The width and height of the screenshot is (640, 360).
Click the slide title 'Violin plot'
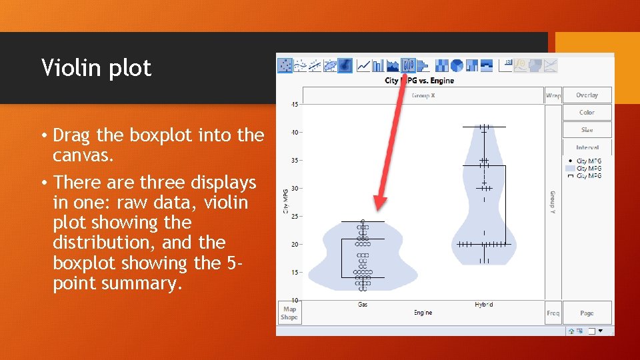[97, 67]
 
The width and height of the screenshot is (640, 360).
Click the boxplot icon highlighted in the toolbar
[409, 65]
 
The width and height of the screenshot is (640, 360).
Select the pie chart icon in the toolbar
[457, 65]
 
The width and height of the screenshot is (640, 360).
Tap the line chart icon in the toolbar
[363, 65]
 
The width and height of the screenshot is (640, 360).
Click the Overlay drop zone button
[587, 95]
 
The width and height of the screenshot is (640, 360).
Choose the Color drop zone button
[587, 113]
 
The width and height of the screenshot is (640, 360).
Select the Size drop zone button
[587, 130]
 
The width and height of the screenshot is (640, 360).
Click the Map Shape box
[289, 313]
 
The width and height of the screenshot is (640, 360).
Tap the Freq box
[553, 313]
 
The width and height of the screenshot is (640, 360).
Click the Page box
[587, 313]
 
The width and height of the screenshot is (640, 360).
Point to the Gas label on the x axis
[363, 305]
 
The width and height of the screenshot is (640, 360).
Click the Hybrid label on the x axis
[483, 305]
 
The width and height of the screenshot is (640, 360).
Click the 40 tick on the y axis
[294, 132]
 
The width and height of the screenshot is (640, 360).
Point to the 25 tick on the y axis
[294, 216]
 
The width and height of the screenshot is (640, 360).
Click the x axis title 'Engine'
[423, 312]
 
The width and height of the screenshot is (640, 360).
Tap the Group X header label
[423, 95]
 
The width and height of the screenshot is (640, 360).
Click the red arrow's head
[379, 203]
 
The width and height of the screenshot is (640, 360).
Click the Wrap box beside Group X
[553, 95]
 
